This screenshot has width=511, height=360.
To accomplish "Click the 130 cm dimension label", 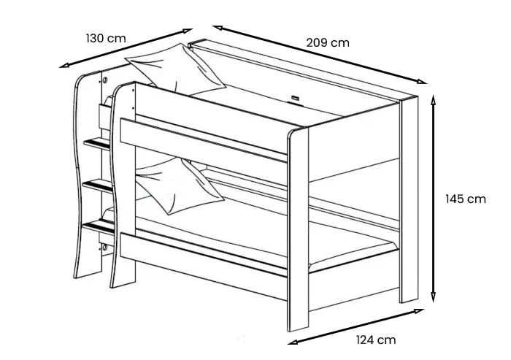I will [x=107, y=38].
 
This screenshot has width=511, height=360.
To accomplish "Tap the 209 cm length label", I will [x=327, y=43].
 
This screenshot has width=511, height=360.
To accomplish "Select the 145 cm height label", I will [x=466, y=199].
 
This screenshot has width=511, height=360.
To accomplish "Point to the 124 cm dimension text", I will [x=377, y=340].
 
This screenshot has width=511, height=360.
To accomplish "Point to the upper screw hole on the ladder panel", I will [x=105, y=79].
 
